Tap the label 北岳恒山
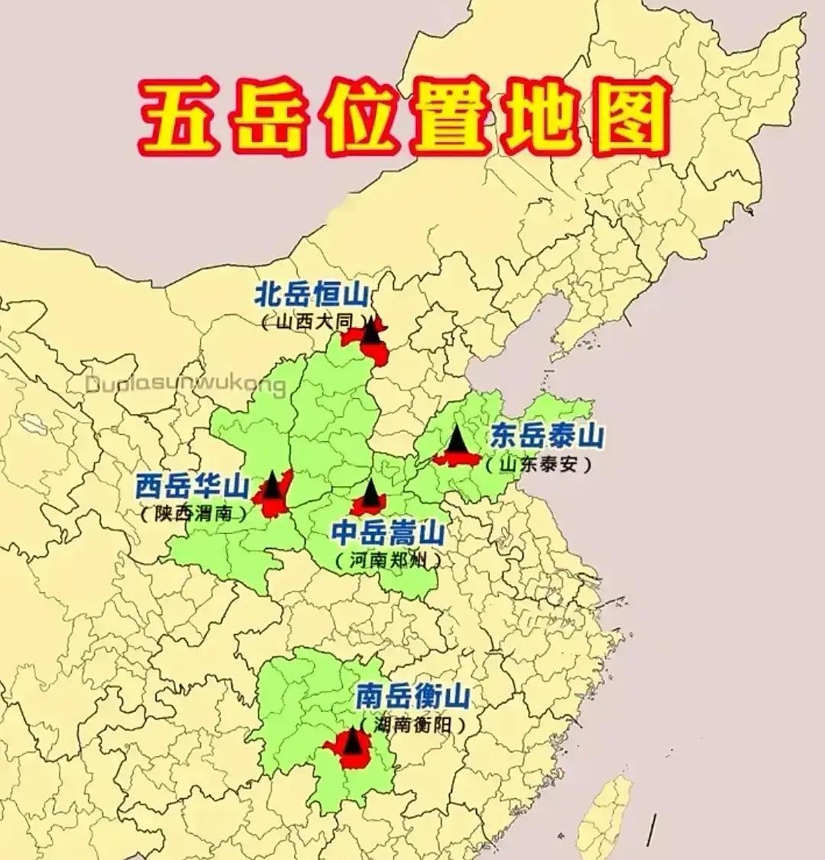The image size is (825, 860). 312,296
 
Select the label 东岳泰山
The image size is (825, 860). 546,437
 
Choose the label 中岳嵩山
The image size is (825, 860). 389,535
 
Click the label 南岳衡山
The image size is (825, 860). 412,697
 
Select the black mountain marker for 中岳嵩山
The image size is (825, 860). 370,493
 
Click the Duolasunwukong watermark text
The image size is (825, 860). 186,386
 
